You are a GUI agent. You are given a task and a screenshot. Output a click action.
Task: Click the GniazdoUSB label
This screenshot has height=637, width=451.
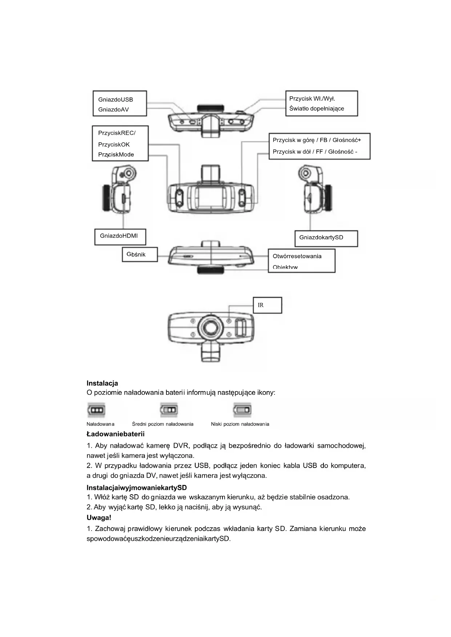coord(116,100)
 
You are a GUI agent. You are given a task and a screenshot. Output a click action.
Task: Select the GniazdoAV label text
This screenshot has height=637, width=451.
coord(113,110)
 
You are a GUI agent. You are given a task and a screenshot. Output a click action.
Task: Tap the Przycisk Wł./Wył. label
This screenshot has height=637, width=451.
coord(312,98)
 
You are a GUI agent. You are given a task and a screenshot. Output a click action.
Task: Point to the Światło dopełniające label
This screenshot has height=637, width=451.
coord(317,109)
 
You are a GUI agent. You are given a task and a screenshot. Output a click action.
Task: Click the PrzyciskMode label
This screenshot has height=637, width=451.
coord(116,155)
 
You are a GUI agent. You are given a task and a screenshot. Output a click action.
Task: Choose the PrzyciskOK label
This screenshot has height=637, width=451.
coord(114,145)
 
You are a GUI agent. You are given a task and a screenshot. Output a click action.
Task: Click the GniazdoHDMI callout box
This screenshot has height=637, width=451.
coord(120,236)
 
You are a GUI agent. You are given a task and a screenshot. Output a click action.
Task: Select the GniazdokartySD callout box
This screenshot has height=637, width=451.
coord(326,238)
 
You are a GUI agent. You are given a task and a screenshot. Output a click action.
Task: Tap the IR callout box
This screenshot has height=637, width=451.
coord(267,305)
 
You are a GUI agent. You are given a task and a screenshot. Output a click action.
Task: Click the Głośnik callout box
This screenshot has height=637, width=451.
coord(139,254)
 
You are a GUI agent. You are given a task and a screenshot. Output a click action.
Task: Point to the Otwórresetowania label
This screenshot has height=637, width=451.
coord(297,256)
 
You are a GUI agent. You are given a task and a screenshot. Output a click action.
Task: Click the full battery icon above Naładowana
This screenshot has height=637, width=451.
coord(96,410)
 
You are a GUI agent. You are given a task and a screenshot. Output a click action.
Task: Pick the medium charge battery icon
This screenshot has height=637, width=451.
coord(169,410)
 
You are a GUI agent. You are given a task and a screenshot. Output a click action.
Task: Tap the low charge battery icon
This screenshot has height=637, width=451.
coord(242,410)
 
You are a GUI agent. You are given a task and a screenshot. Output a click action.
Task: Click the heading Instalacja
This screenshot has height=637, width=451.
coord(102,383)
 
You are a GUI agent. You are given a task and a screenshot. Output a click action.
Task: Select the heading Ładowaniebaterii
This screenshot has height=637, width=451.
coord(116,434)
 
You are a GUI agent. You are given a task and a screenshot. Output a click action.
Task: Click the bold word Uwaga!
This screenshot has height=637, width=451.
coord(99,518)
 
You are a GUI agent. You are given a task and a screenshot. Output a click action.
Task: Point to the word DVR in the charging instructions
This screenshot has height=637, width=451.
coord(181,446)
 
